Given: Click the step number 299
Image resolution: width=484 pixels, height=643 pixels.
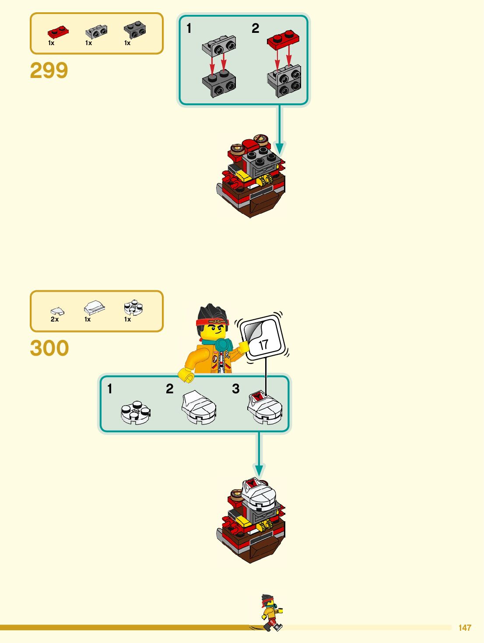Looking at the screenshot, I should (x=49, y=71).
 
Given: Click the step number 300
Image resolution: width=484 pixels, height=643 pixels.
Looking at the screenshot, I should (x=49, y=348).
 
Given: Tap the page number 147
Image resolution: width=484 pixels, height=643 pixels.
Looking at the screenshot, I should (x=465, y=628).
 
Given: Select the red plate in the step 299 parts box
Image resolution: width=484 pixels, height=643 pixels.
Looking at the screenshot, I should (x=58, y=32).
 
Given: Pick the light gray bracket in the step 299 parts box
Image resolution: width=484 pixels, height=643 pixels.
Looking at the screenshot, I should (x=96, y=32).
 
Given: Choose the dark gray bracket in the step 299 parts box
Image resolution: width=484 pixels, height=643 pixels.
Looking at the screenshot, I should (x=135, y=30).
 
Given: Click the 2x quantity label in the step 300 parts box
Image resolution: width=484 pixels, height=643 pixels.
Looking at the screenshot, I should (x=55, y=319).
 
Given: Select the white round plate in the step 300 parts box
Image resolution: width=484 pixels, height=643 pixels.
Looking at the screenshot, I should (x=133, y=307).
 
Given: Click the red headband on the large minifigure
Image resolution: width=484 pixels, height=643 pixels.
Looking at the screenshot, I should (x=212, y=323).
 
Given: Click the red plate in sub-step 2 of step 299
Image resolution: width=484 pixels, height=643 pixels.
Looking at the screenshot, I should (x=283, y=39).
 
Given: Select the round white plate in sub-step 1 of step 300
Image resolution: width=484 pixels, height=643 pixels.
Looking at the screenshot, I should (x=136, y=413).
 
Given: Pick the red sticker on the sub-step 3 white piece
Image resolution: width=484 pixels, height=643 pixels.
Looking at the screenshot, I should (x=257, y=397).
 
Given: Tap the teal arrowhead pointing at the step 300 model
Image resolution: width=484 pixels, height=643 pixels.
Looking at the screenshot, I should (x=259, y=470).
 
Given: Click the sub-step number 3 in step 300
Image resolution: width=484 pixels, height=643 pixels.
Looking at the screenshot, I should (x=236, y=389).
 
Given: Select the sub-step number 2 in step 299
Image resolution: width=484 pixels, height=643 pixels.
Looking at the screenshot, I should (x=255, y=28).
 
